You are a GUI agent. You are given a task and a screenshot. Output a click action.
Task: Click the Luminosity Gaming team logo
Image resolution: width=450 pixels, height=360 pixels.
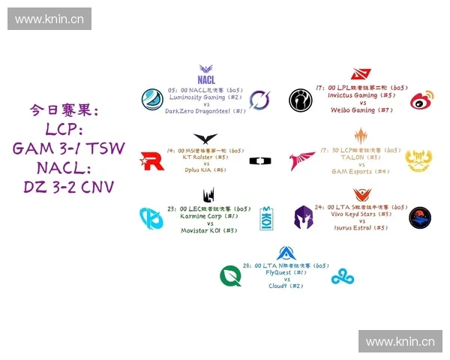pyautogui.click(x=154, y=100)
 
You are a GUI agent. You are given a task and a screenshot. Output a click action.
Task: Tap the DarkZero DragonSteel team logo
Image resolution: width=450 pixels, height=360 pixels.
pyautogui.click(x=260, y=100)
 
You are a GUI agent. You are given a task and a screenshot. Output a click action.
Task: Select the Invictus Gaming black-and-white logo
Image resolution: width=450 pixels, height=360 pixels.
pyautogui.click(x=301, y=100)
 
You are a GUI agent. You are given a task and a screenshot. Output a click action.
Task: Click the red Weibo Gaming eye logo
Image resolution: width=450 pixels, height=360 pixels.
pyautogui.click(x=421, y=100)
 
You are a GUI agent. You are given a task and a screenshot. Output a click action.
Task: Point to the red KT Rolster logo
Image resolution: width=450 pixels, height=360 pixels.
pyautogui.click(x=151, y=160)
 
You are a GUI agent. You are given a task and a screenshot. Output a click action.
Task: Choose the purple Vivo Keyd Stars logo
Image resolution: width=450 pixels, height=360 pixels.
pyautogui.click(x=304, y=217)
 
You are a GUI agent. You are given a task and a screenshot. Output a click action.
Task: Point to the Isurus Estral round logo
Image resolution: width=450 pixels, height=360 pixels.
pyautogui.click(x=420, y=217)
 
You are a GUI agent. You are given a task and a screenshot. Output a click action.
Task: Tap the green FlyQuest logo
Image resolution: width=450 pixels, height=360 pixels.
pyautogui.click(x=230, y=276)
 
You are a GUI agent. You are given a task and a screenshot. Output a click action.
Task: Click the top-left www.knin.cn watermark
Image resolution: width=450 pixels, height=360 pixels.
pyautogui.click(x=49, y=19)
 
